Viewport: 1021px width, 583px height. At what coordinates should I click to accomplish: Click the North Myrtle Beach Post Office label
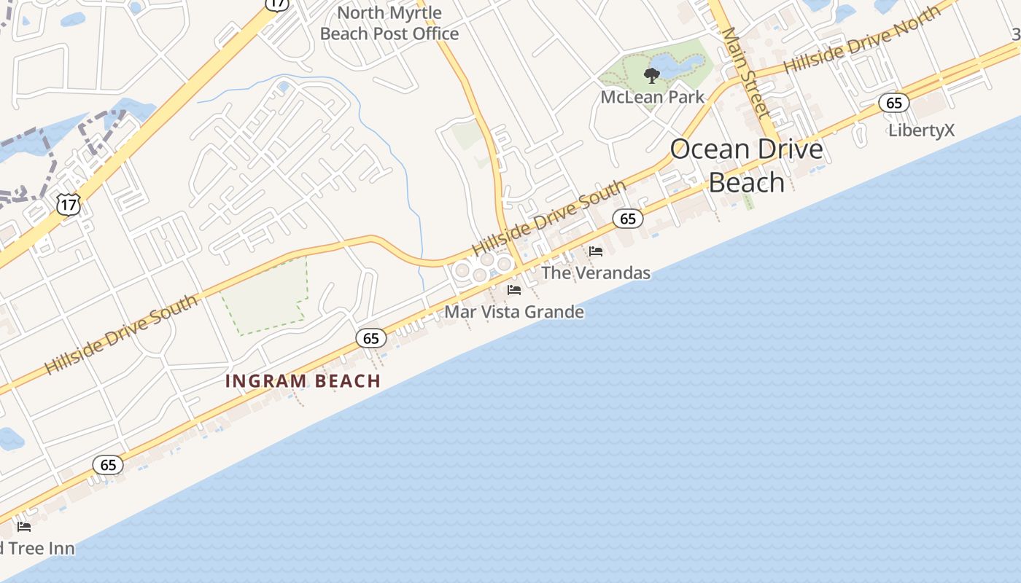click(x=389, y=23)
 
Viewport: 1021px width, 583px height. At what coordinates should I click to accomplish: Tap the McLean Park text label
click(x=652, y=97)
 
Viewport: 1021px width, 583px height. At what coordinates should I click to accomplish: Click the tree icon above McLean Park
click(x=651, y=75)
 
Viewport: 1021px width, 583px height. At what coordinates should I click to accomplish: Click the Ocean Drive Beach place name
click(x=746, y=165)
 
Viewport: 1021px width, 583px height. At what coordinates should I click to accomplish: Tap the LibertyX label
click(x=921, y=130)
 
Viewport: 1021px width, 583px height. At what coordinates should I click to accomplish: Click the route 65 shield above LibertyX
click(x=893, y=103)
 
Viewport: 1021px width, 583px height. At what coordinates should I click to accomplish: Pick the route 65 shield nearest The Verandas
click(x=628, y=218)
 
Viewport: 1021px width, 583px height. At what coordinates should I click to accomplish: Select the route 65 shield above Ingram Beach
click(x=371, y=337)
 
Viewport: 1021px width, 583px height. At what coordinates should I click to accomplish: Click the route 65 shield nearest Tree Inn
click(x=108, y=464)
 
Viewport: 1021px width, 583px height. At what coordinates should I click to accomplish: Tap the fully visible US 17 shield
click(x=69, y=205)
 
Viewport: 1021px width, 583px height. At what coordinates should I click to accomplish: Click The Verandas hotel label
click(x=595, y=273)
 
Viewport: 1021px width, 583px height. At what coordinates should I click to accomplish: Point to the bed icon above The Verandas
click(x=596, y=251)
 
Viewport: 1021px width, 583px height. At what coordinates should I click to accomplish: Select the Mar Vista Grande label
click(x=514, y=312)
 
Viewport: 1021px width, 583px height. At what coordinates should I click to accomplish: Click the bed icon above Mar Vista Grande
click(x=514, y=290)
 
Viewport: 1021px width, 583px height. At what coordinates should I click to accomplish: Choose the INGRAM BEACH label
click(x=303, y=380)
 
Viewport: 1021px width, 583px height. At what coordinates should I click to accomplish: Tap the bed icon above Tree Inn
click(x=24, y=527)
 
